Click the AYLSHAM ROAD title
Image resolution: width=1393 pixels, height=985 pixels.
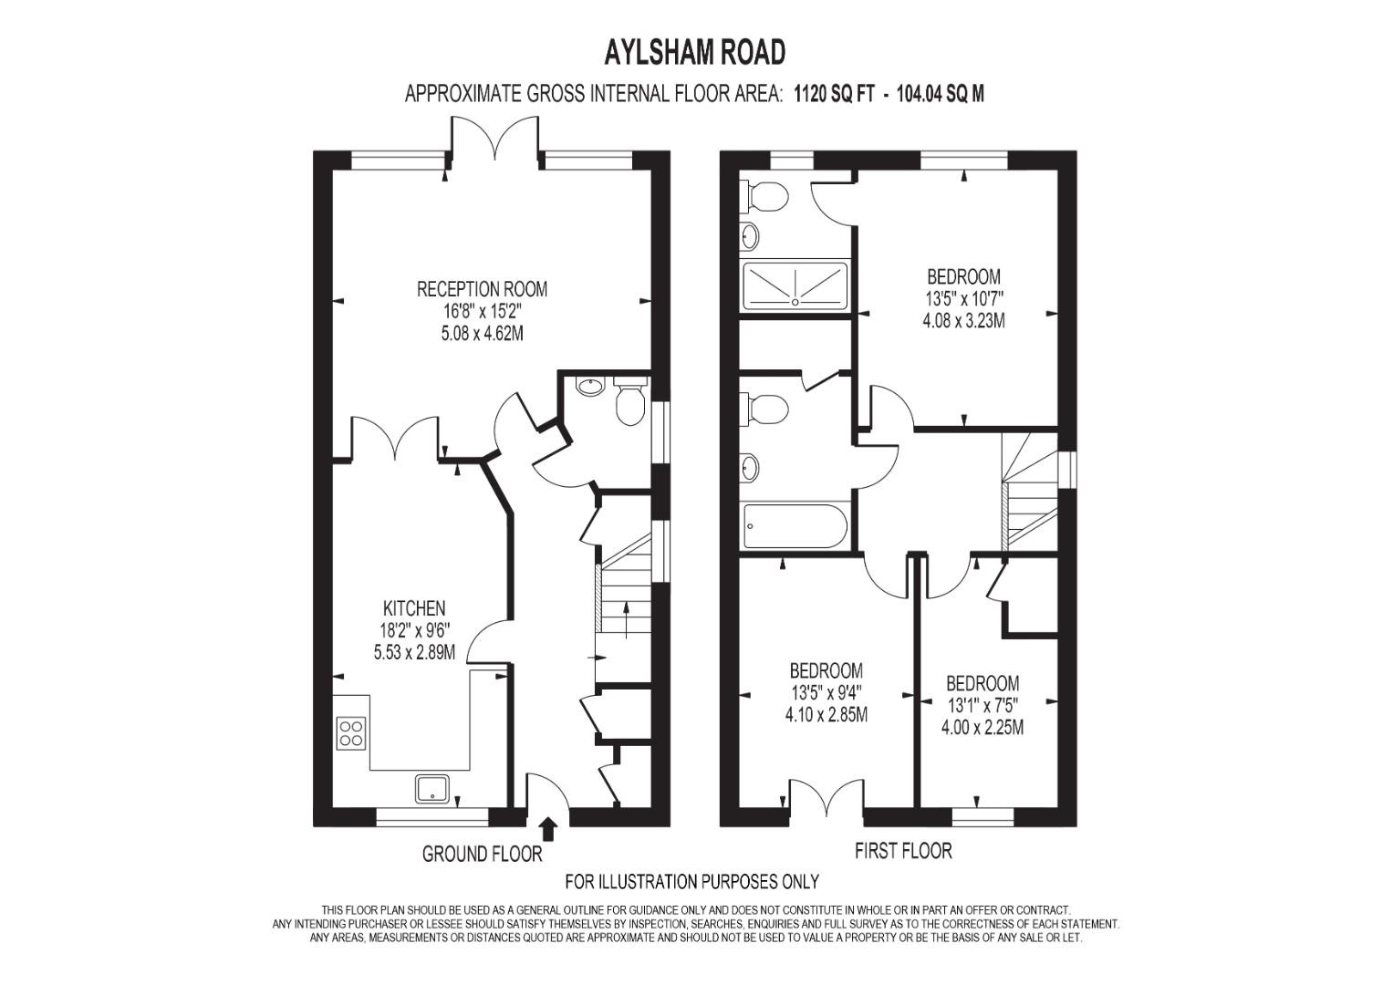[x=694, y=52]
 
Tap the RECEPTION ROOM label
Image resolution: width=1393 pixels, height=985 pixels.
[x=482, y=289]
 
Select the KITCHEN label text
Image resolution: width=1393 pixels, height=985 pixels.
[x=414, y=607]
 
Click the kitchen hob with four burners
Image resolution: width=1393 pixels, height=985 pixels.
[x=351, y=732]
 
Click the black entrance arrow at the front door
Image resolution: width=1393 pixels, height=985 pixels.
[x=548, y=830]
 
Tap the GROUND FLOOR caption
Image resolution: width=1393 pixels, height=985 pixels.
[x=482, y=854]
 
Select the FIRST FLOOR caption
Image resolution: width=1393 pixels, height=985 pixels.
[x=903, y=850]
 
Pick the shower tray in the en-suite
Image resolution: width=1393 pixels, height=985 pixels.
[x=795, y=285]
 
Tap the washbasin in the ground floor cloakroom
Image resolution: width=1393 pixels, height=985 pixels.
[x=589, y=386]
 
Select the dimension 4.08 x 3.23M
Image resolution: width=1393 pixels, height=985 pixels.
[x=964, y=321]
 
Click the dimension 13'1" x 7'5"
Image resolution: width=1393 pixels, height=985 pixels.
[x=982, y=706]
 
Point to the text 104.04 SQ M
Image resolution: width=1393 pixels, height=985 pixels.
[x=941, y=94]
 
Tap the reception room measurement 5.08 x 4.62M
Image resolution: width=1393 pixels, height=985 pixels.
[x=482, y=333]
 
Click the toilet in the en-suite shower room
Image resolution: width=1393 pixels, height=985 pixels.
[x=764, y=194]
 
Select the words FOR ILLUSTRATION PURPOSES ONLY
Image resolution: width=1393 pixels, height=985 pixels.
[x=691, y=881]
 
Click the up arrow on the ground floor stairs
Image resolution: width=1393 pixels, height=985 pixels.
[x=626, y=619]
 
